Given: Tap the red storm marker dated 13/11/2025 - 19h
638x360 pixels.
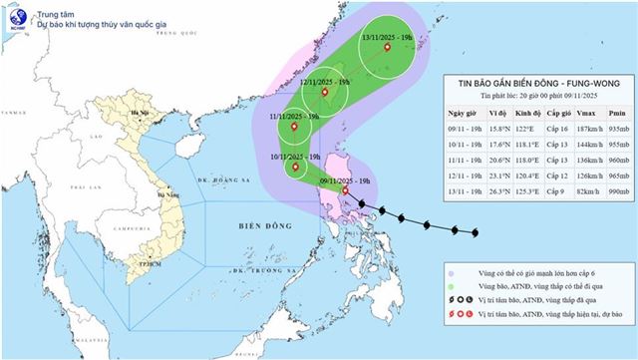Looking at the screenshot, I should [388, 45].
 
